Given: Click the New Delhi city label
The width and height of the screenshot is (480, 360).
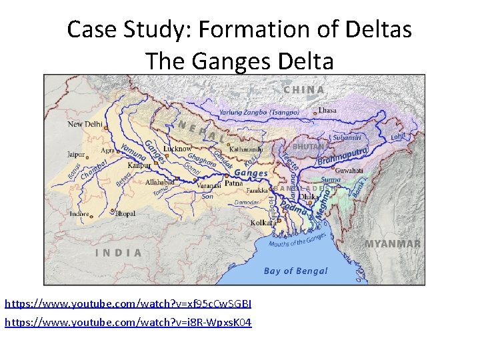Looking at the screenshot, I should tap(85, 124).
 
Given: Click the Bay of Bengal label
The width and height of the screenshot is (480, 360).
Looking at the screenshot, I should tap(295, 271).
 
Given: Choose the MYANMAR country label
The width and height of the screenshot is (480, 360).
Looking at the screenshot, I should tap(393, 244).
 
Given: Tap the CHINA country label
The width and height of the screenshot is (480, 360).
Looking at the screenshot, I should tap(304, 89).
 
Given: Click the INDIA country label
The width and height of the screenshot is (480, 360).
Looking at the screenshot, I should tap(119, 253).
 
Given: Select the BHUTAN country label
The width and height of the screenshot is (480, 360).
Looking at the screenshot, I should tap(309, 145).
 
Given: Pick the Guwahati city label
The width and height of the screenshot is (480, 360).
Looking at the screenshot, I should tap(350, 171).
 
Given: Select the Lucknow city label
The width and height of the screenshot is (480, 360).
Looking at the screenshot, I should tap(177, 149).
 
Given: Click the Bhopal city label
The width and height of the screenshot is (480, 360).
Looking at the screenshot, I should tap(125, 214).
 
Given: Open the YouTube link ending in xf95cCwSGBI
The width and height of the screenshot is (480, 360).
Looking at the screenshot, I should tap(128, 304).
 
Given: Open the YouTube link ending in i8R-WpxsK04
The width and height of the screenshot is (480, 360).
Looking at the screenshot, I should tap(128, 323).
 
